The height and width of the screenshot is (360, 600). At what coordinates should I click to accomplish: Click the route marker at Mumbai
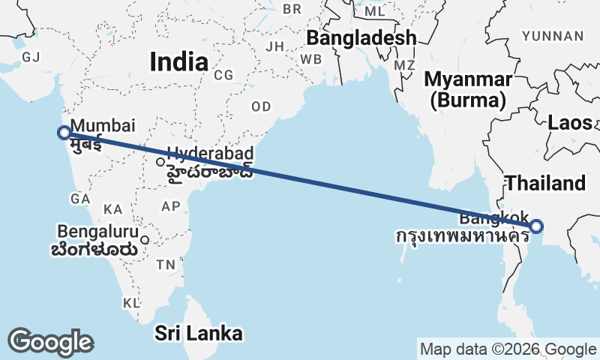64,133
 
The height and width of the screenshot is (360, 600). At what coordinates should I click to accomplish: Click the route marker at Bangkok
536,226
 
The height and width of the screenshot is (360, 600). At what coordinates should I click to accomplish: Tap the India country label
178,61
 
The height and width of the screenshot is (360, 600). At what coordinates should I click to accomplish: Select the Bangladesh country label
361,38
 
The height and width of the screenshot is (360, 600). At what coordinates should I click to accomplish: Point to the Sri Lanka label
199,332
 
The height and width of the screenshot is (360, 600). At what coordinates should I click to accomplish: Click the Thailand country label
545,183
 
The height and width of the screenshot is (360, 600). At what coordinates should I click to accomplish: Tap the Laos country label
570,124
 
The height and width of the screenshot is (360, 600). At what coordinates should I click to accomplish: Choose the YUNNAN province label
553,36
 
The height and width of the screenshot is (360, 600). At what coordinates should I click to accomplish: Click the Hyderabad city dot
160,161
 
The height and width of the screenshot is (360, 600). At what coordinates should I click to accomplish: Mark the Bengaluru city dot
145,240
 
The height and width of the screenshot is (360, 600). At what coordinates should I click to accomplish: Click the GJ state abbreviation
31,57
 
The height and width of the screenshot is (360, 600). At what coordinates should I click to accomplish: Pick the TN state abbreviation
165,264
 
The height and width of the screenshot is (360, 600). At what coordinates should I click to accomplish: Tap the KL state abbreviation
131,303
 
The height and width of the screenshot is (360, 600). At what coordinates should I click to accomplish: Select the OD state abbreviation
261,106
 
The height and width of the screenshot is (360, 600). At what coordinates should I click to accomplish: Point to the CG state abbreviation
223,75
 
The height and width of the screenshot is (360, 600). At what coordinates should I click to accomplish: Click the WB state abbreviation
310,59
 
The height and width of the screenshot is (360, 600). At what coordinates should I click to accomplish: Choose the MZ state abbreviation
404,65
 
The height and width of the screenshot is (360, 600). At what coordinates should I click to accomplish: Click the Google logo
50,342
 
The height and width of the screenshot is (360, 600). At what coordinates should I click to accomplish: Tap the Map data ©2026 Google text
508,349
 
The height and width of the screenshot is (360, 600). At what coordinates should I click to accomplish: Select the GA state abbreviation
80,199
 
